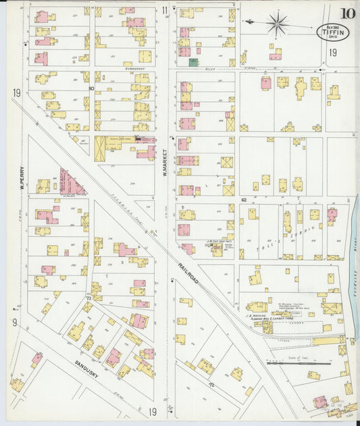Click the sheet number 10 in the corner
[x=349, y=13]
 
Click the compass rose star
[x=276, y=24]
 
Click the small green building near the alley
[x=193, y=62]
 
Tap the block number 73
[x=88, y=298]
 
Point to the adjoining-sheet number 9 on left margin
[x=14, y=322]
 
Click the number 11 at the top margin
[x=165, y=10]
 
